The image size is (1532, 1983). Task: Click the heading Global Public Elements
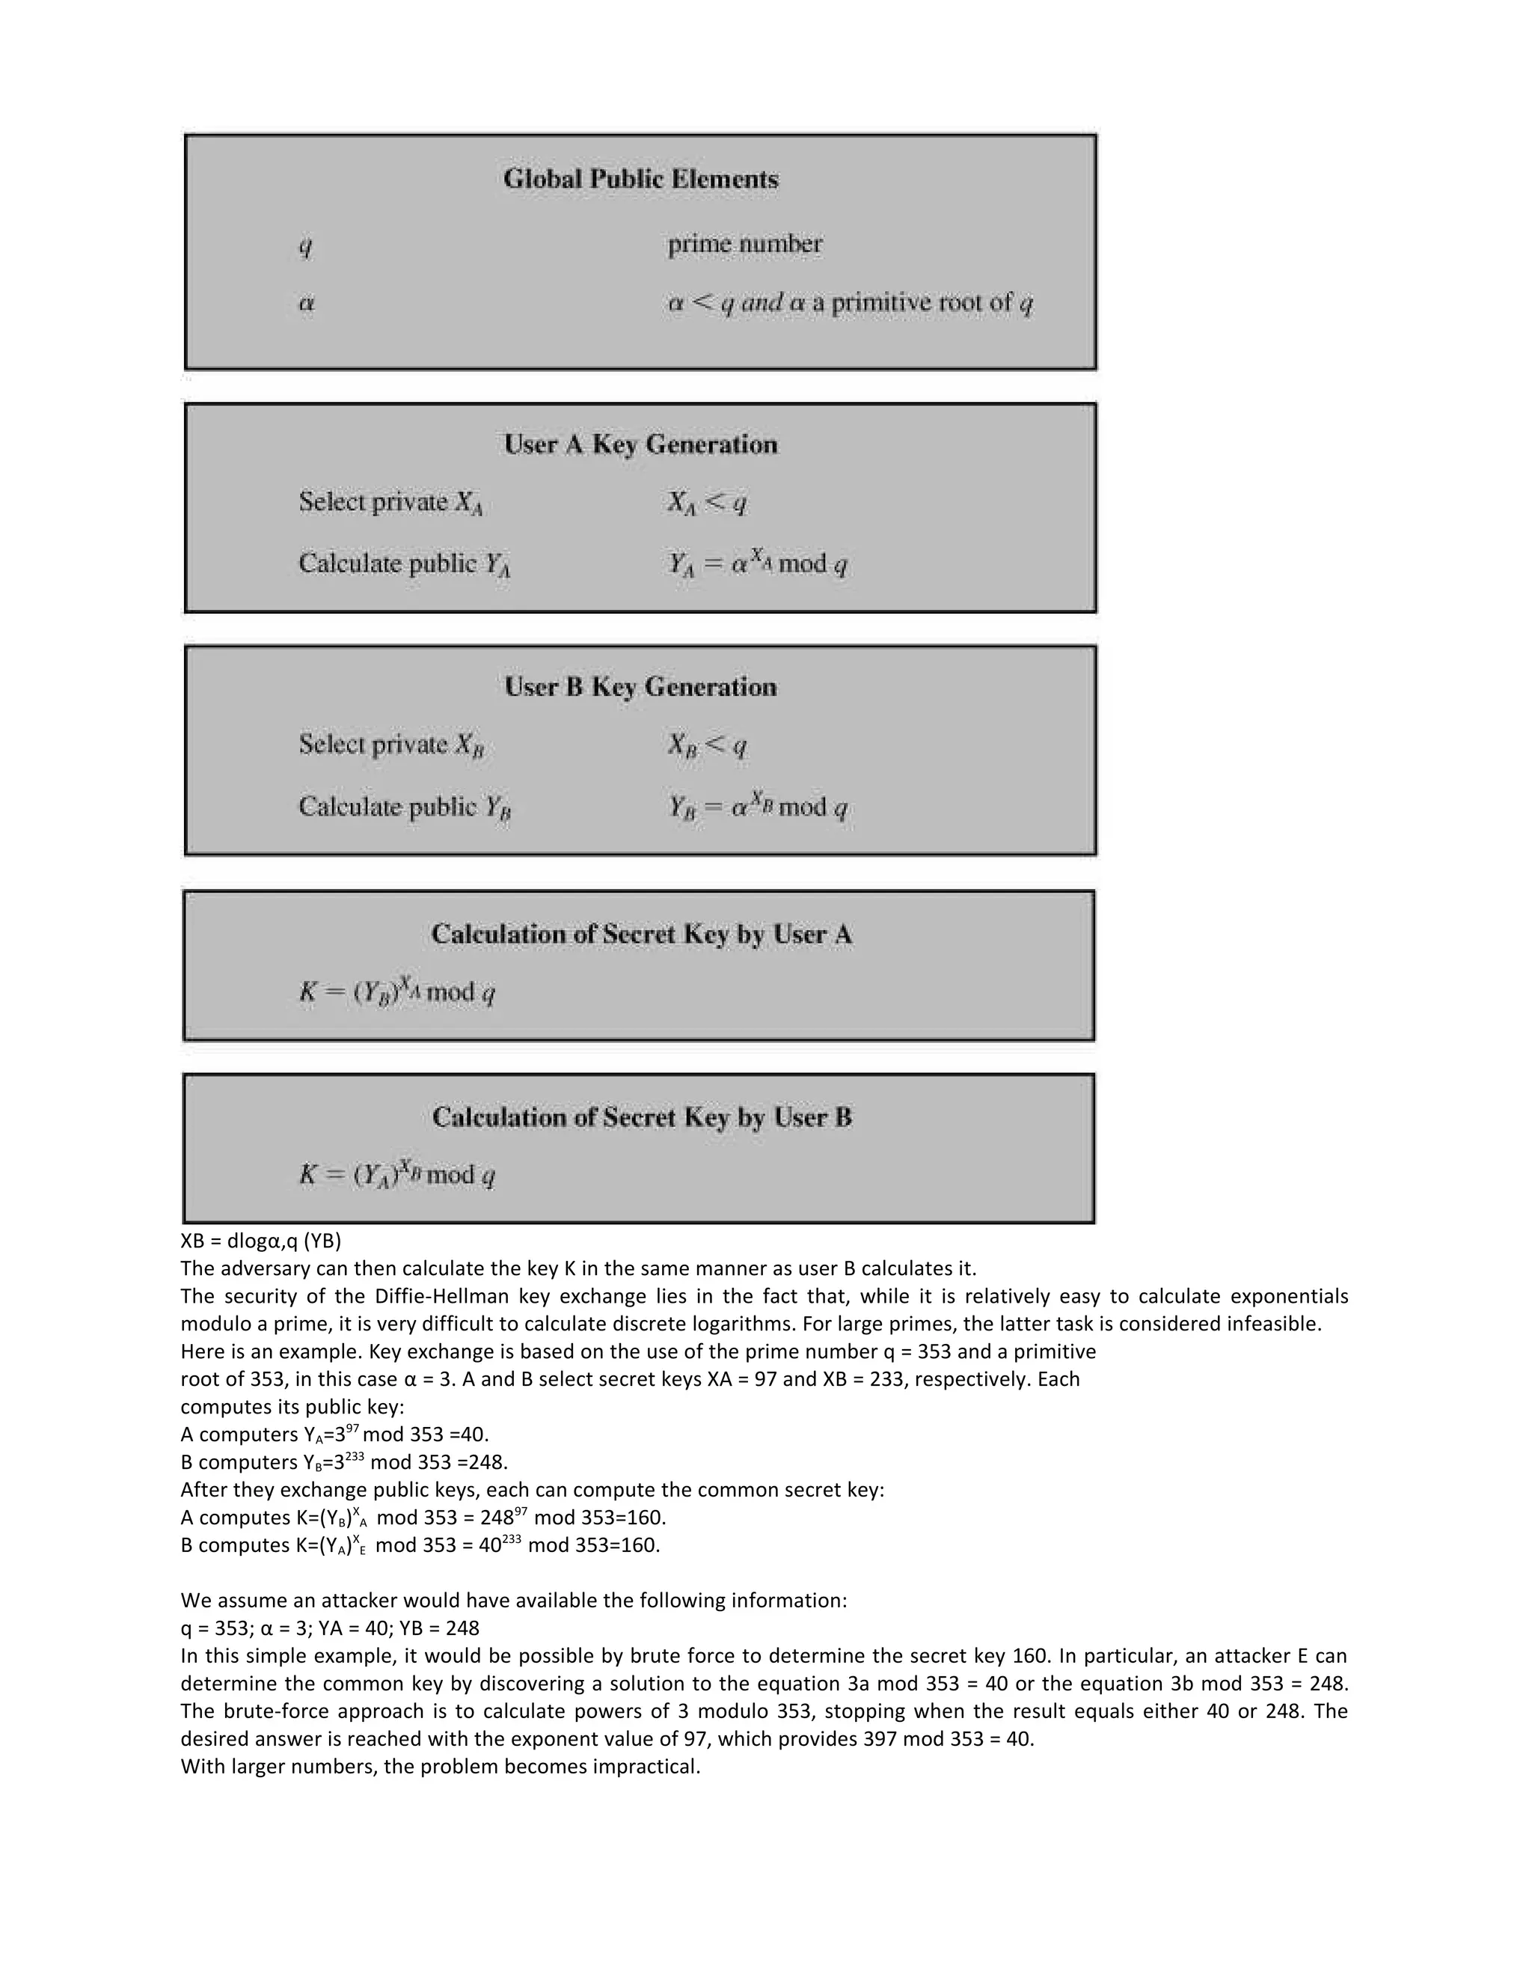point(641,179)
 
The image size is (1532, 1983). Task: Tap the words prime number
point(744,244)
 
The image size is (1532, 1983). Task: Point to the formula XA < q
point(707,502)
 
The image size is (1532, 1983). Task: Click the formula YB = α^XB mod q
point(758,806)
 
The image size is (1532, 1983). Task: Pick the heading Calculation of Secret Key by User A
point(641,935)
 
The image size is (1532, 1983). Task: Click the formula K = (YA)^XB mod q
point(397,1175)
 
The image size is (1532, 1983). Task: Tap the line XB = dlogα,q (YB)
point(260,1240)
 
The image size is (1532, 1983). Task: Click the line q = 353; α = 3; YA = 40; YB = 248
point(329,1628)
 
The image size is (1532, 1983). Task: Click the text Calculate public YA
point(404,564)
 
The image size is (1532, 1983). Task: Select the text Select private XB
point(391,745)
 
